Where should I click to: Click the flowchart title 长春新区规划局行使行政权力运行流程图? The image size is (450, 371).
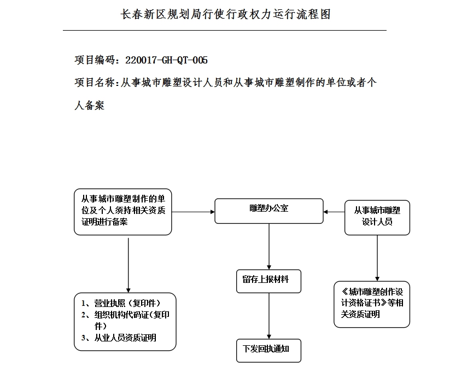[225, 14]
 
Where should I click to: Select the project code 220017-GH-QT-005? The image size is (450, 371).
[166, 60]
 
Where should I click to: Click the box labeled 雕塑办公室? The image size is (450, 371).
[268, 211]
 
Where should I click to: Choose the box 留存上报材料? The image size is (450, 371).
[268, 280]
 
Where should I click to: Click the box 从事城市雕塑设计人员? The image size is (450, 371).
[377, 217]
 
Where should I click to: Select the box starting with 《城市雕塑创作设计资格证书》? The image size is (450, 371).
[372, 304]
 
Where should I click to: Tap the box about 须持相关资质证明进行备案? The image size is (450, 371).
[123, 211]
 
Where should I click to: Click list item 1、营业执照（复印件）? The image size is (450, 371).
[121, 303]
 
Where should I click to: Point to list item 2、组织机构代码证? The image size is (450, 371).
[125, 320]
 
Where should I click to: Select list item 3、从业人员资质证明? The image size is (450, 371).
[119, 338]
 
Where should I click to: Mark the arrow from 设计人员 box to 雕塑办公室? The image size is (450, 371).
[334, 211]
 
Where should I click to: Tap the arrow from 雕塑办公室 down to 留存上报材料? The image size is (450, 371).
[268, 246]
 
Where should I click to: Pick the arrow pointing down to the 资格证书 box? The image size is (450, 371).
[377, 258]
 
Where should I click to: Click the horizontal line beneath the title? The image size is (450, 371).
[224, 30]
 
